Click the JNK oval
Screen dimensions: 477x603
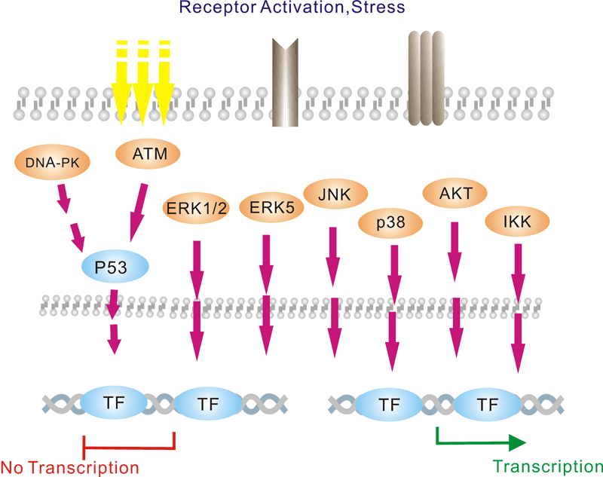pos(334,195)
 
